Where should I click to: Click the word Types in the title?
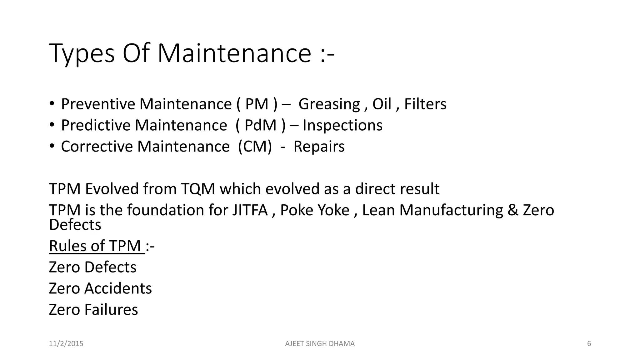82,54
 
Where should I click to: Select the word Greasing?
329,104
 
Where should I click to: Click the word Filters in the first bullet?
425,104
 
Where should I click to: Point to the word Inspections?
342,125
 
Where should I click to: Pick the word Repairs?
319,147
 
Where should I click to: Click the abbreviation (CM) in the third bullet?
255,147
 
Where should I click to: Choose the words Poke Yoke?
315,210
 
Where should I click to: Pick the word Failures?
111,310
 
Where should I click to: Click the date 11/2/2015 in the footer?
66,344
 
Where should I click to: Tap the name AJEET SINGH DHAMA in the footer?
320,344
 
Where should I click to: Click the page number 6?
589,344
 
